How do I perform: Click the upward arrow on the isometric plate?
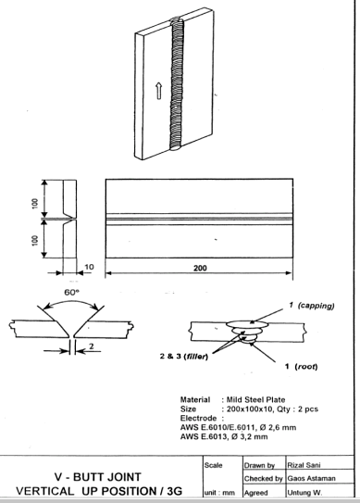coord(158,91)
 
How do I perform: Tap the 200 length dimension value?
coord(200,268)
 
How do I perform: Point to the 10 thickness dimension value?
coord(89,267)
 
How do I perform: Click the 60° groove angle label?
coord(72,292)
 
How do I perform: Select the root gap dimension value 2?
coord(92,346)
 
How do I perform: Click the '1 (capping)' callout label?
coord(311,306)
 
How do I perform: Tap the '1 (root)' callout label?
coord(302,366)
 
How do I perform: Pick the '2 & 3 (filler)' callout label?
coord(184,356)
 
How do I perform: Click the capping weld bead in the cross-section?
coord(247,324)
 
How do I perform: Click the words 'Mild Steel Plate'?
coord(255,399)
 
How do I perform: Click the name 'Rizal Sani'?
coord(304,465)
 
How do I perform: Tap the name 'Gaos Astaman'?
coord(311,478)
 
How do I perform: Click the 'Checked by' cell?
coord(263,479)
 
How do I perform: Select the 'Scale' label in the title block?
coord(213,465)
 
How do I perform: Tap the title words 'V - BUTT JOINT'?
coord(98,477)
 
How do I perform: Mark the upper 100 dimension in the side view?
coord(35,204)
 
